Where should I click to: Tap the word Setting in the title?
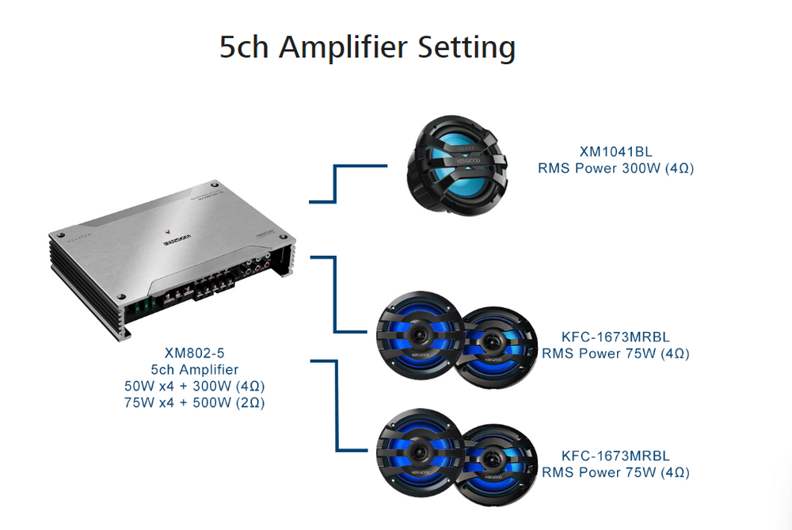[x=467, y=48]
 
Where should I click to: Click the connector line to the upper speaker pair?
[x=336, y=293]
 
